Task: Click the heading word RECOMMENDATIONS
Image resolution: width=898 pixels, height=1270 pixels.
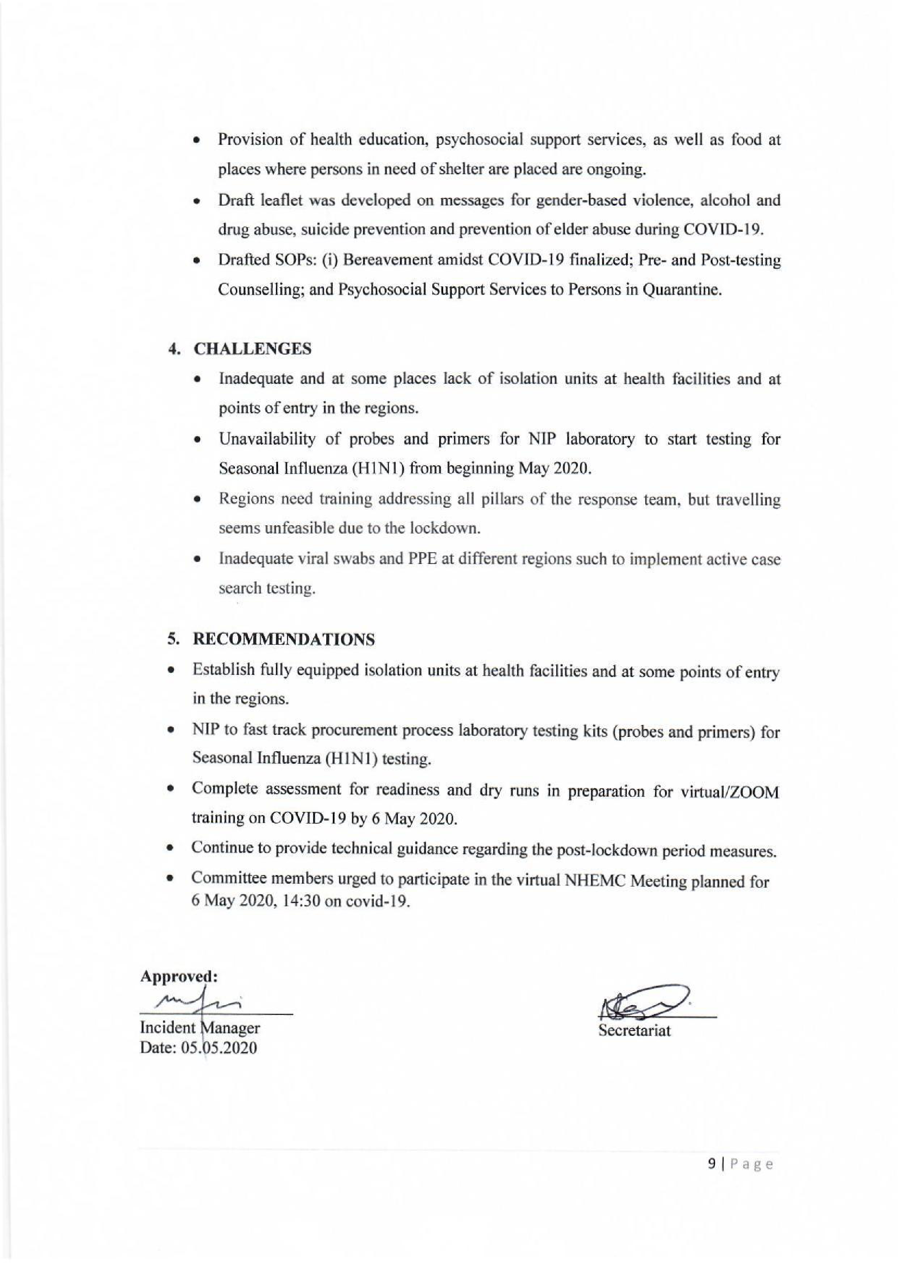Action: point(283,640)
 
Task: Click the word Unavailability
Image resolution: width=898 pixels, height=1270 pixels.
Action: point(268,439)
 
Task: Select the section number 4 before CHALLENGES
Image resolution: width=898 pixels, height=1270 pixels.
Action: point(174,350)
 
